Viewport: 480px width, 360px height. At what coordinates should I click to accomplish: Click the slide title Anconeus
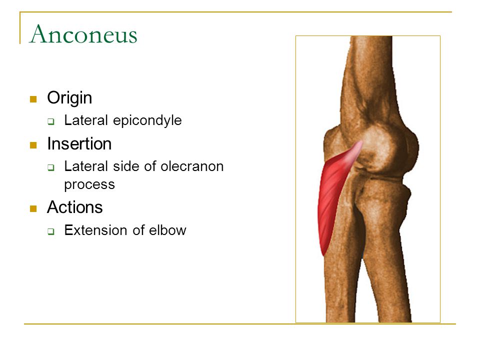click(x=83, y=34)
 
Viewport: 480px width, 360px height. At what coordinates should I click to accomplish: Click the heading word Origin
click(x=69, y=98)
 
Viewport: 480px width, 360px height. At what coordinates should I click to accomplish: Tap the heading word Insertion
click(x=79, y=143)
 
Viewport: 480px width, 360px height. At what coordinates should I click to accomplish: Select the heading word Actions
click(x=74, y=207)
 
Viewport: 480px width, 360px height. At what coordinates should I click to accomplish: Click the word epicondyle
click(x=147, y=120)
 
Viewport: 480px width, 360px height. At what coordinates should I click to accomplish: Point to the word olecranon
click(x=192, y=166)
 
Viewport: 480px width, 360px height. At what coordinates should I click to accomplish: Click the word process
click(x=89, y=184)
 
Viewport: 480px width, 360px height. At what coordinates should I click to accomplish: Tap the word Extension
click(x=94, y=230)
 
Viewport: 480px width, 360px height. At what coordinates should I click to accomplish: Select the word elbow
click(x=167, y=230)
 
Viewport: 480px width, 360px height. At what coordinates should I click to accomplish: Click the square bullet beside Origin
click(x=33, y=99)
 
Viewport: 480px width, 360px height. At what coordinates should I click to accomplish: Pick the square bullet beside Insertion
click(x=33, y=145)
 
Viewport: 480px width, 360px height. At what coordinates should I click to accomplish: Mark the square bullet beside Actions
click(x=33, y=209)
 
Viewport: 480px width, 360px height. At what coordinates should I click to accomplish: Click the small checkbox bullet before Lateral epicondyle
click(x=51, y=121)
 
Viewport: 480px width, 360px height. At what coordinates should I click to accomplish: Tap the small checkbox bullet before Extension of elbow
click(x=51, y=231)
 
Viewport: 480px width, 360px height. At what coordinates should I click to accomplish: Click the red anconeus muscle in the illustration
click(x=330, y=196)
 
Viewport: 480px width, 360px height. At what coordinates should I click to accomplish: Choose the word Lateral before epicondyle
click(x=86, y=120)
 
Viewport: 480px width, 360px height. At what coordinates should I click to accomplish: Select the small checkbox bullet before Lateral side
click(x=51, y=167)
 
